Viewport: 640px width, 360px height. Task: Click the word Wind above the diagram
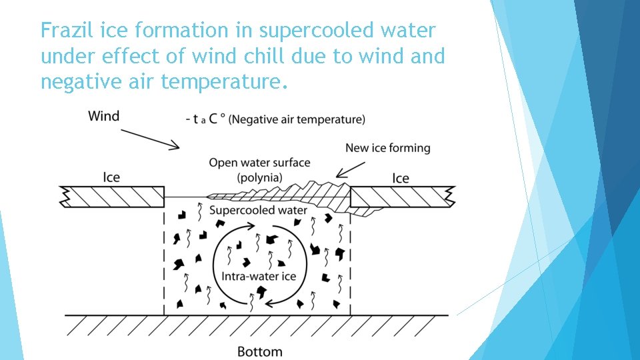[104, 117]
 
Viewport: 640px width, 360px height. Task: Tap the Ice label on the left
[111, 177]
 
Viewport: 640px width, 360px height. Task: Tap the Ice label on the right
[401, 178]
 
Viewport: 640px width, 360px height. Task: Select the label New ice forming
[388, 148]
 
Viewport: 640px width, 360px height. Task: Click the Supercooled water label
[259, 211]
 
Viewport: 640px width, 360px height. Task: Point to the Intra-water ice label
[260, 276]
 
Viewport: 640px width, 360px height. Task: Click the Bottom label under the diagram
[260, 351]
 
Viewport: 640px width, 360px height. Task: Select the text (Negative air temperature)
[297, 119]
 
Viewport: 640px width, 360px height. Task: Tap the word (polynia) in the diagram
[260, 177]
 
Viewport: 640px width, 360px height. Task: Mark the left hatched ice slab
[113, 196]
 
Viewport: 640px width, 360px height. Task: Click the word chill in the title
[262, 57]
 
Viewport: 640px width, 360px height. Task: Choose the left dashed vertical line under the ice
[164, 260]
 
